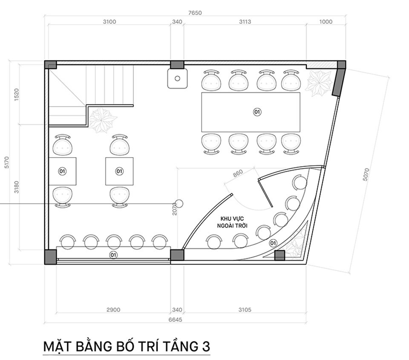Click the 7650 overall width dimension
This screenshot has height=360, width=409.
(195, 13)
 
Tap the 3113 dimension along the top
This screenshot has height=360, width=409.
(245, 22)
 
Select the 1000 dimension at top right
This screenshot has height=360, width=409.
(326, 22)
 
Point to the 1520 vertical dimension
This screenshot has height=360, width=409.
(17, 95)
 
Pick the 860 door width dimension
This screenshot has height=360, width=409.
(238, 173)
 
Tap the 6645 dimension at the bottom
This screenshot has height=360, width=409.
(175, 320)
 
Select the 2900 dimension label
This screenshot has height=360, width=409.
(113, 310)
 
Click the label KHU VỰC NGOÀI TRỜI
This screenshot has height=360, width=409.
(232, 222)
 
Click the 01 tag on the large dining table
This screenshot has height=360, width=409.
(257, 112)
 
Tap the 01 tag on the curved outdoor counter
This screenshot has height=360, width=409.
(273, 243)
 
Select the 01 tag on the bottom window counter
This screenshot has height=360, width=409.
(113, 255)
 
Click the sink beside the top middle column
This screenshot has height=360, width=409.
(177, 78)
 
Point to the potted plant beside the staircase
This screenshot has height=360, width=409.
(102, 120)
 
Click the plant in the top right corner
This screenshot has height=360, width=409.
(319, 84)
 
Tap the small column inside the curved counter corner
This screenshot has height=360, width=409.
(279, 255)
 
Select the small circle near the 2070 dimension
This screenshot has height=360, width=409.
(179, 204)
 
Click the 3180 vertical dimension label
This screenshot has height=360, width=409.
(17, 187)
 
